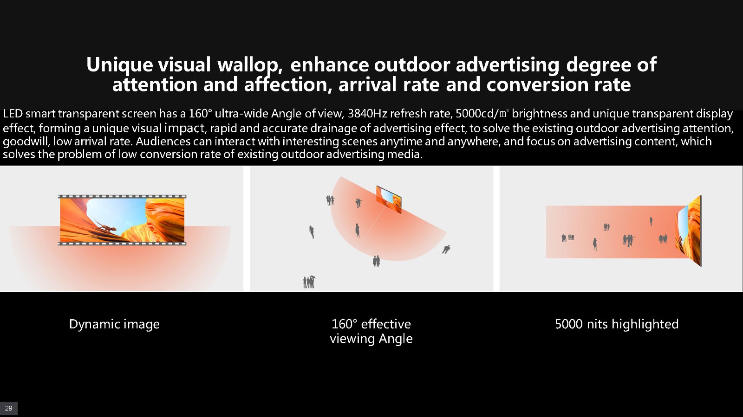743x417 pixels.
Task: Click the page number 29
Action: pos(9,408)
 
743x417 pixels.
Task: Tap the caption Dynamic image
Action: pos(114,324)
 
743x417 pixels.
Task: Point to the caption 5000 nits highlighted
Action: pos(617,324)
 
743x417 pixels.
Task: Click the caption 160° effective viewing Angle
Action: pos(371,331)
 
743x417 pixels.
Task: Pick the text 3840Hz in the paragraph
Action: pos(367,114)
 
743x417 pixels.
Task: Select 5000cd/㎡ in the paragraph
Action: pos(482,114)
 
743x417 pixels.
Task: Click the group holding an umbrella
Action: pos(309,282)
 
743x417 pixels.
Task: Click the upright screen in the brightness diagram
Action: pos(689,231)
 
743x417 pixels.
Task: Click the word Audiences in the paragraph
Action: pos(163,141)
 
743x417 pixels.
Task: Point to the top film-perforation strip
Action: pos(122,196)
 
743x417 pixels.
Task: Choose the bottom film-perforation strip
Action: pos(122,244)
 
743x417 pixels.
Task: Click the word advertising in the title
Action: pos(507,65)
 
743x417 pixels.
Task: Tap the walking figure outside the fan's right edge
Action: pos(446,250)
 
